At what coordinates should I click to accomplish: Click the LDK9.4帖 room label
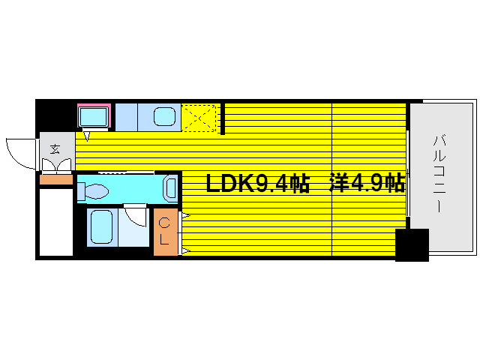(258, 183)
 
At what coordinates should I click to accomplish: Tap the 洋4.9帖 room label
(367, 183)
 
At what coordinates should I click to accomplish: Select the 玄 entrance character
(55, 148)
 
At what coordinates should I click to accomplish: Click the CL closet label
(166, 230)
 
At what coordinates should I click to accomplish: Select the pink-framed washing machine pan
(94, 116)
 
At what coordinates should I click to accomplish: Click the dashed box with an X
(199, 118)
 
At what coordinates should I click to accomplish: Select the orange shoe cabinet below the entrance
(56, 179)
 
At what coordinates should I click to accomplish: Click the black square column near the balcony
(411, 245)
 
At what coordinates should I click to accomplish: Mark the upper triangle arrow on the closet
(184, 216)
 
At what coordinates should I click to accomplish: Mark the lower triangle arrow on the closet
(184, 250)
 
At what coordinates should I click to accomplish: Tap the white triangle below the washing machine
(87, 136)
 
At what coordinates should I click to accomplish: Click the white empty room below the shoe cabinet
(56, 222)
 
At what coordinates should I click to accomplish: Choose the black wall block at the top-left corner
(55, 115)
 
